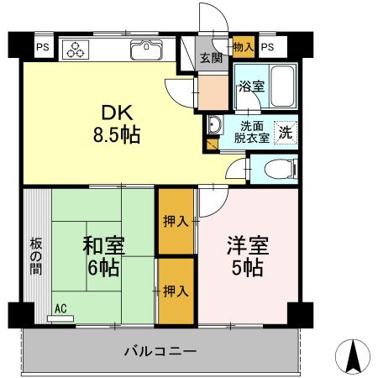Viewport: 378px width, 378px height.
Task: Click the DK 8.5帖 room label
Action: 122,123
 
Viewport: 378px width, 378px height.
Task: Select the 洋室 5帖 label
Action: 246,256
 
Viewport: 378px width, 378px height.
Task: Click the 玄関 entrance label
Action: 209,59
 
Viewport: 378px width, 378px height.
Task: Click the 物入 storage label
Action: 243,46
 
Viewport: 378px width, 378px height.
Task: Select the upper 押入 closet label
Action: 175,222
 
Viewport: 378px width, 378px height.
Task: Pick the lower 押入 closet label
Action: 175,291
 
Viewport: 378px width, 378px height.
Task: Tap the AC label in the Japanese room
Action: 60,308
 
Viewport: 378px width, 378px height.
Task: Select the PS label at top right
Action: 267,48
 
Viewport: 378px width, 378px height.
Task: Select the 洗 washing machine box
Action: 285,131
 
